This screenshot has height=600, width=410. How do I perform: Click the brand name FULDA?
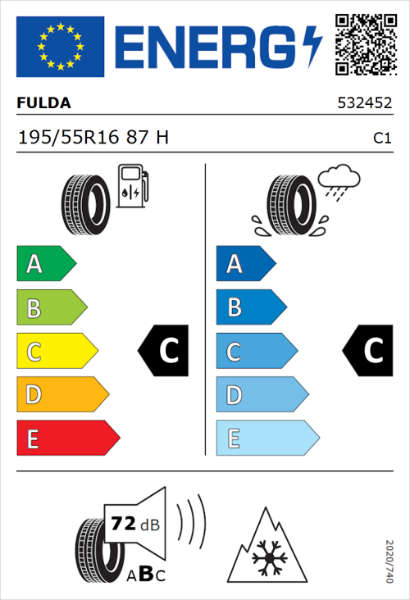(x=44, y=103)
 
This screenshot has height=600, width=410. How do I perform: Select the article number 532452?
(x=364, y=104)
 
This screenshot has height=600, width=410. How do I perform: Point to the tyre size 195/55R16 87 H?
(x=93, y=138)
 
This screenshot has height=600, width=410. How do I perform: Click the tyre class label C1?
(x=381, y=139)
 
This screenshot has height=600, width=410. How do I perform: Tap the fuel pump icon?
(x=132, y=186)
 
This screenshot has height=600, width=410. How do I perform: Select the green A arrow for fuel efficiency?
(x=45, y=264)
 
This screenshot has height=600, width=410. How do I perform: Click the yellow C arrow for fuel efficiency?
(x=56, y=352)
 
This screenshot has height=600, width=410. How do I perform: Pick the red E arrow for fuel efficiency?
(x=67, y=439)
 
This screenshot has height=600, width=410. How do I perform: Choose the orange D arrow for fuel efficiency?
(x=61, y=395)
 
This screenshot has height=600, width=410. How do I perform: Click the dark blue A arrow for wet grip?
(x=245, y=264)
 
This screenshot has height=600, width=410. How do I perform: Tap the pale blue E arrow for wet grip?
(x=266, y=439)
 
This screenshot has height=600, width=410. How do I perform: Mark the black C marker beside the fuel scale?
(x=164, y=351)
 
